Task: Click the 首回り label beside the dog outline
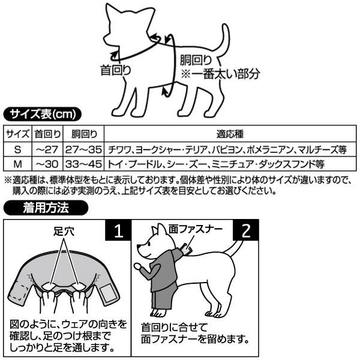tap(115, 70)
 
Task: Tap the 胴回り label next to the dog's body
tap(196, 60)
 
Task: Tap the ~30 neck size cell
tap(47, 163)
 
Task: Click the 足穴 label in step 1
tap(63, 231)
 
